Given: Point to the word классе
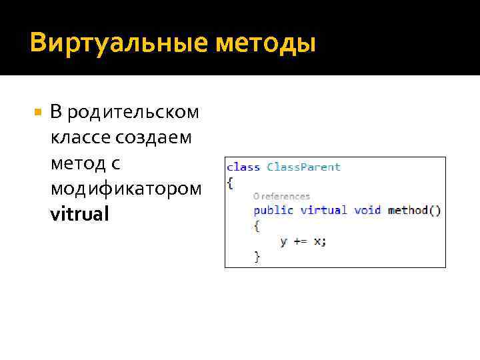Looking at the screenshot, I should (x=80, y=138).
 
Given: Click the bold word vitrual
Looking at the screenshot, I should (x=79, y=215).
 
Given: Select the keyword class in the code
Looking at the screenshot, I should (x=243, y=167).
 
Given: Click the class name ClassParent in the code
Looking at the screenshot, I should (x=303, y=167).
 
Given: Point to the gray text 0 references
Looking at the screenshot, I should (x=281, y=196).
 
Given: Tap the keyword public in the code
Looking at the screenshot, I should (x=273, y=210).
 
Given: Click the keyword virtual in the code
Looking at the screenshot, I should (x=323, y=210).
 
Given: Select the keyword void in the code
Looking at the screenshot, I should (x=367, y=210).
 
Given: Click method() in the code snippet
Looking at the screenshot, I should (x=414, y=210).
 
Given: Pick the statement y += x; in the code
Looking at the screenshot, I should (x=303, y=241).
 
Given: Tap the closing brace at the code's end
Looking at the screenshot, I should (x=257, y=256).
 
